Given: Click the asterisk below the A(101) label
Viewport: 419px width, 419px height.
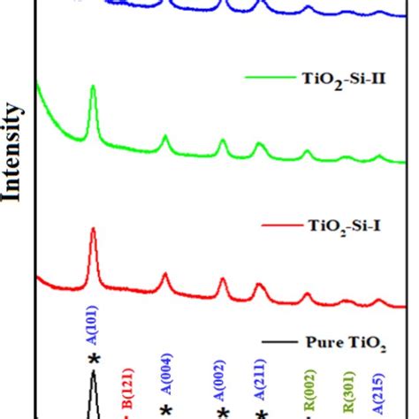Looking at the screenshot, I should click(x=93, y=358).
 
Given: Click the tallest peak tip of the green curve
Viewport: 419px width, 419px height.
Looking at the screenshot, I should click(x=93, y=88).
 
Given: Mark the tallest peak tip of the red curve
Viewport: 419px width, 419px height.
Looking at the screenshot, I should click(x=93, y=229).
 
